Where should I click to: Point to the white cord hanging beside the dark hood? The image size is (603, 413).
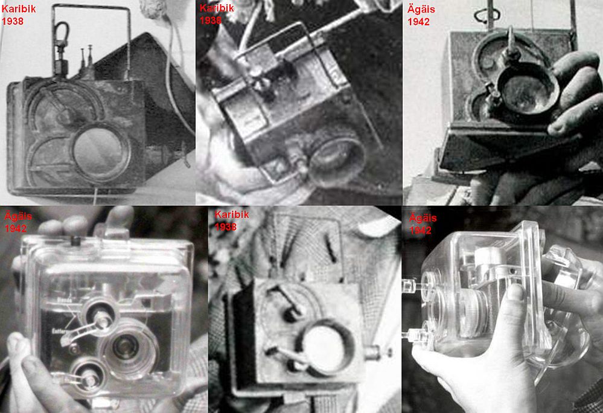175,77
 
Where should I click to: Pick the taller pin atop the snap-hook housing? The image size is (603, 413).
91,58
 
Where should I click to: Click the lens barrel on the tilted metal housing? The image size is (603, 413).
336,156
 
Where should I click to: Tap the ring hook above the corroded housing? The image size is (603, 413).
487,15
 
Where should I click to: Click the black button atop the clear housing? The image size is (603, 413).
75,241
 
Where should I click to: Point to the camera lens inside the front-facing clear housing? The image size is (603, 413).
125,346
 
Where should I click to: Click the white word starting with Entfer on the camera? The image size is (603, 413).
60,331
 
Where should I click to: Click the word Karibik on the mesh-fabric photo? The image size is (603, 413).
232,214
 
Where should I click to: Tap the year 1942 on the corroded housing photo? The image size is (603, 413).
418,22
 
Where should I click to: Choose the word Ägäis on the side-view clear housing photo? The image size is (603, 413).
423,218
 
